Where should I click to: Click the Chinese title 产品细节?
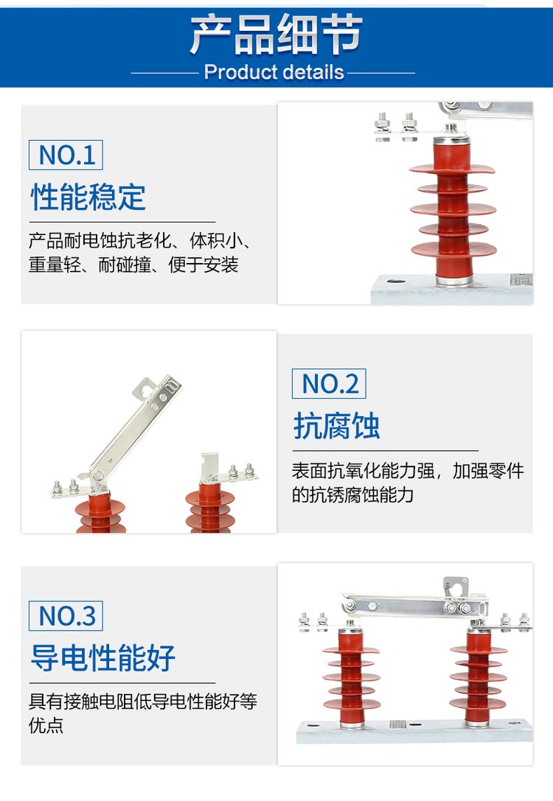pos(276,35)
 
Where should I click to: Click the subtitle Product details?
pos(274,72)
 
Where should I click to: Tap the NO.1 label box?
pos(66,155)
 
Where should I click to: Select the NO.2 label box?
pos(329,384)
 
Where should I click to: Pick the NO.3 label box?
pos(66,616)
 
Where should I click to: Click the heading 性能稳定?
pos(88,197)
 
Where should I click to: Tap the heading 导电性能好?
pos(102,657)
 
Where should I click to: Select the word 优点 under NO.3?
pos(46,725)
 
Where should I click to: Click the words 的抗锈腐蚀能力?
pos(352,494)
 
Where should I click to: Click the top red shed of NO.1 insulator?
pos(452,169)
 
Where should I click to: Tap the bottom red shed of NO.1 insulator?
pos(454,250)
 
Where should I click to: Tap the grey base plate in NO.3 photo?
pos(414,731)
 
